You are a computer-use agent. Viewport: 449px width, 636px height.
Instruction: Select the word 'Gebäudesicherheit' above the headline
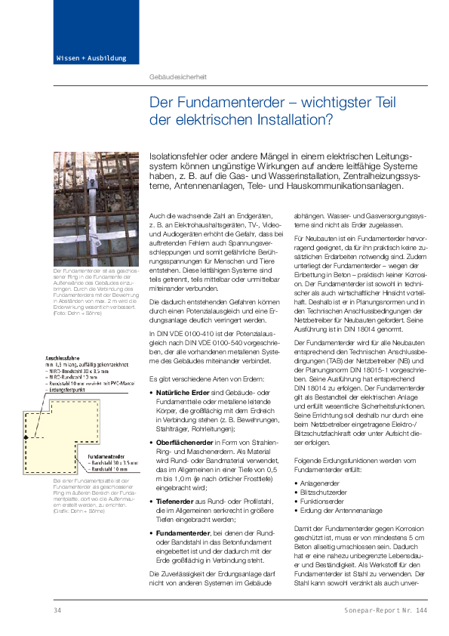(x=178, y=77)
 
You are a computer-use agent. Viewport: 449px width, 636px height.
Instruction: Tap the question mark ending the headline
(x=328, y=119)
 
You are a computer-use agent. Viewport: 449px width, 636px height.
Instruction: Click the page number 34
(x=57, y=610)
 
